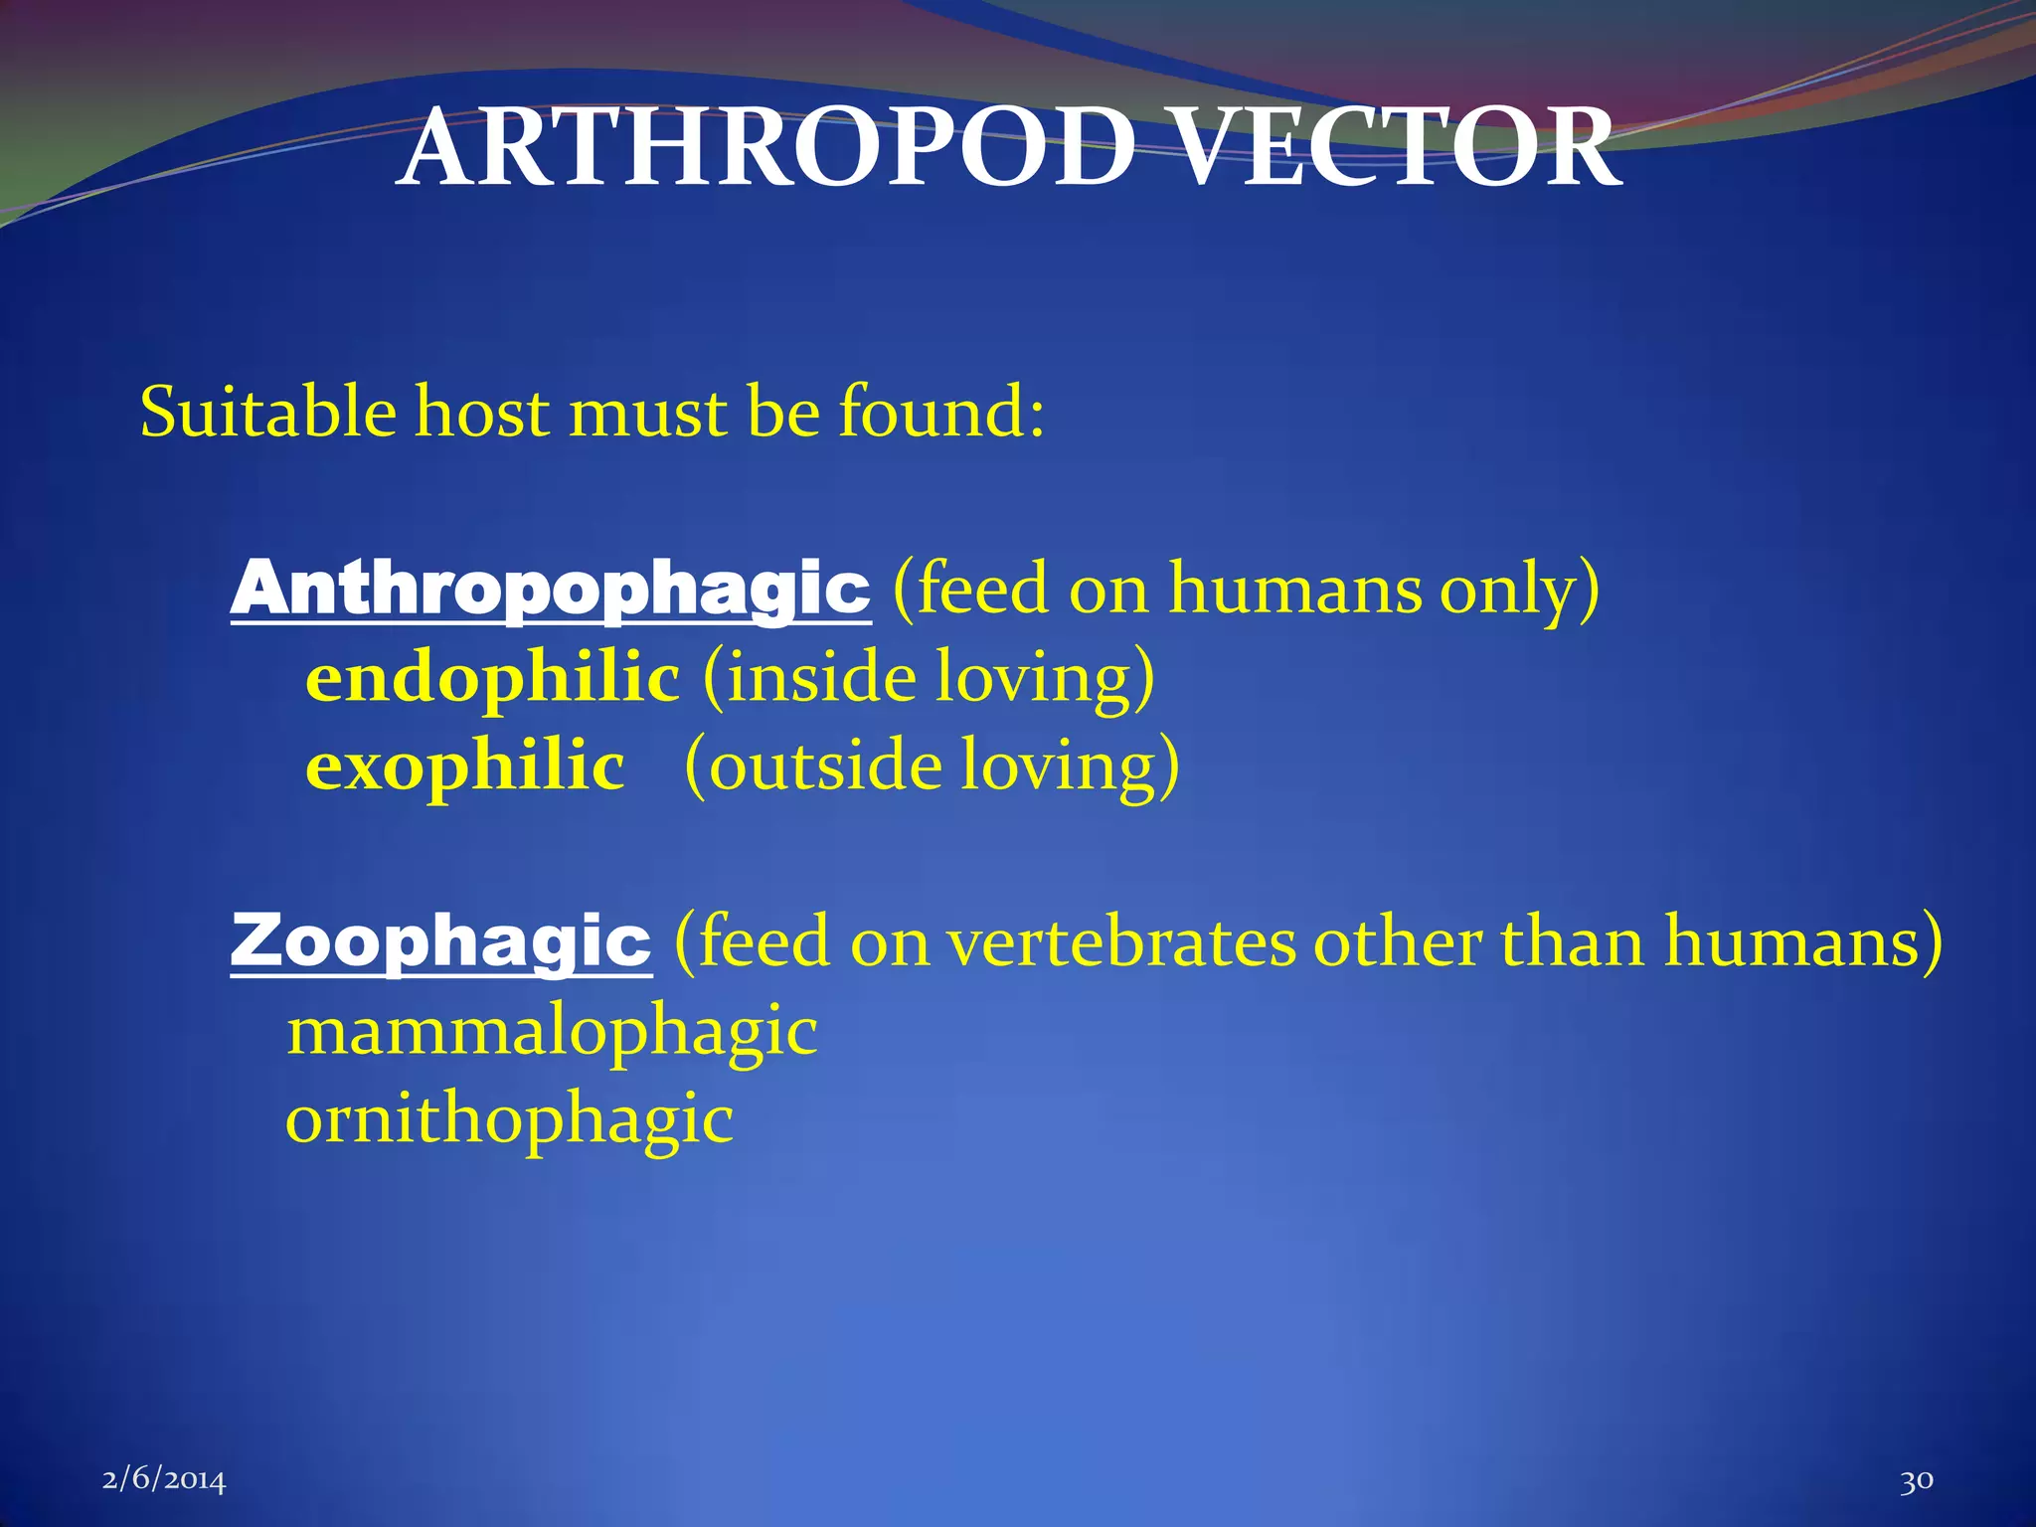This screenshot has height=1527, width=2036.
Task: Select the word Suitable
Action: (x=267, y=412)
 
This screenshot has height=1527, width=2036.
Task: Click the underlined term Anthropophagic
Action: (x=551, y=589)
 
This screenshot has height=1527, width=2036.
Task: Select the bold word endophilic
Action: (x=493, y=678)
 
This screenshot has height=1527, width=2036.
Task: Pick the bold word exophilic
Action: (x=465, y=766)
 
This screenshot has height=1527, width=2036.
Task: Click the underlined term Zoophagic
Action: (x=441, y=941)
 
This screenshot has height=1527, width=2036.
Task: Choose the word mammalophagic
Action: (x=552, y=1032)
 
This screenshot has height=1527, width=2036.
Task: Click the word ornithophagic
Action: (x=509, y=1120)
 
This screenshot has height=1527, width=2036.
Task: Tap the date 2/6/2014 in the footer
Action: (x=164, y=1480)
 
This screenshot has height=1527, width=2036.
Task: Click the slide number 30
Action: (x=1916, y=1480)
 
